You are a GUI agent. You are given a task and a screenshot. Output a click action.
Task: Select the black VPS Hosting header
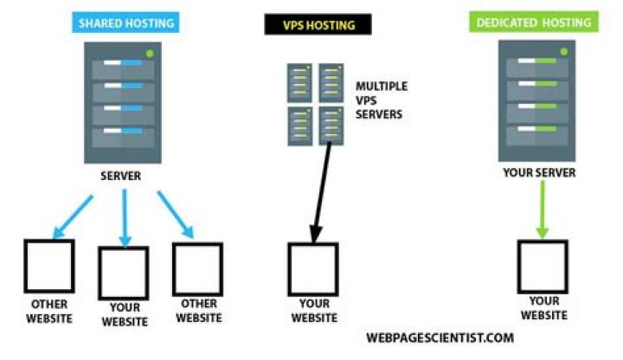pyautogui.click(x=319, y=25)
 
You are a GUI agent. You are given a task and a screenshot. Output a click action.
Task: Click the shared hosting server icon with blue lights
pyautogui.click(x=120, y=101)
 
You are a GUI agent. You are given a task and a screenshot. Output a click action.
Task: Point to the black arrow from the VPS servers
pyautogui.click(x=322, y=190)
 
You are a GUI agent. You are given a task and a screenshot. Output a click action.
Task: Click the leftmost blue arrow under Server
pyautogui.click(x=73, y=215)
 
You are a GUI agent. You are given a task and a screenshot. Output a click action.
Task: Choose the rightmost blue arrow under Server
pyautogui.click(x=176, y=215)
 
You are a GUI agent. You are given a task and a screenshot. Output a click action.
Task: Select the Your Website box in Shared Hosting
pyautogui.click(x=123, y=271)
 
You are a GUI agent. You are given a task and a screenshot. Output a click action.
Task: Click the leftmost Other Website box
pyautogui.click(x=48, y=267)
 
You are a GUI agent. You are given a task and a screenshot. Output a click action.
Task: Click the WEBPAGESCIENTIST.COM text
pyautogui.click(x=440, y=337)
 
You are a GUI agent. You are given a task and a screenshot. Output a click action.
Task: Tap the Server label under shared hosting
pyautogui.click(x=120, y=176)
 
